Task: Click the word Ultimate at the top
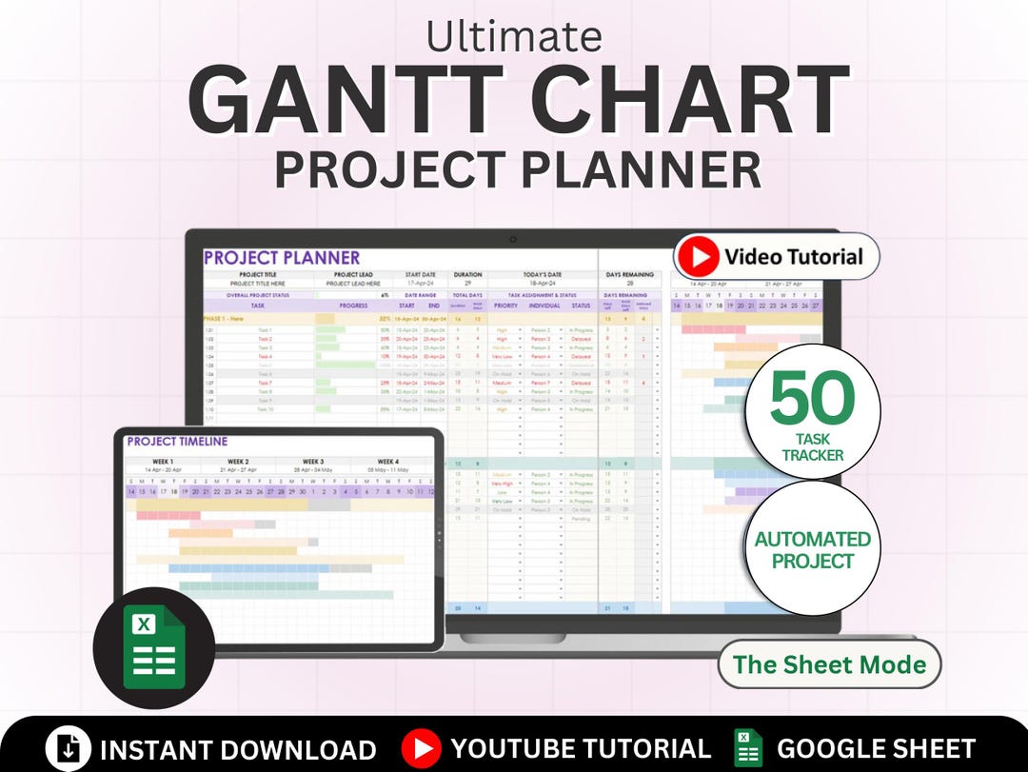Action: [x=514, y=36]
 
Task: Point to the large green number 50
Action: [x=812, y=399]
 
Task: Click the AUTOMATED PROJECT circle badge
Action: [x=812, y=549]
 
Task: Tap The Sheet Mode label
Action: [x=829, y=664]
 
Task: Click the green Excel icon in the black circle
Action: [x=153, y=647]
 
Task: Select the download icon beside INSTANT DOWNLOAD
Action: [x=69, y=748]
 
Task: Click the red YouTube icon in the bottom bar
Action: [x=421, y=748]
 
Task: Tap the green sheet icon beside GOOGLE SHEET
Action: [x=748, y=748]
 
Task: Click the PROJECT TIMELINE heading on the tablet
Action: [x=177, y=442]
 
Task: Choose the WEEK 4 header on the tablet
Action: [x=387, y=462]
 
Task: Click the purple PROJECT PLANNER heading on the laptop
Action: [x=282, y=258]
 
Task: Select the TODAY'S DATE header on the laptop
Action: [x=542, y=275]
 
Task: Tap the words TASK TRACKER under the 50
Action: [x=812, y=447]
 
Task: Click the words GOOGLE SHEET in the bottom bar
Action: [x=876, y=748]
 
